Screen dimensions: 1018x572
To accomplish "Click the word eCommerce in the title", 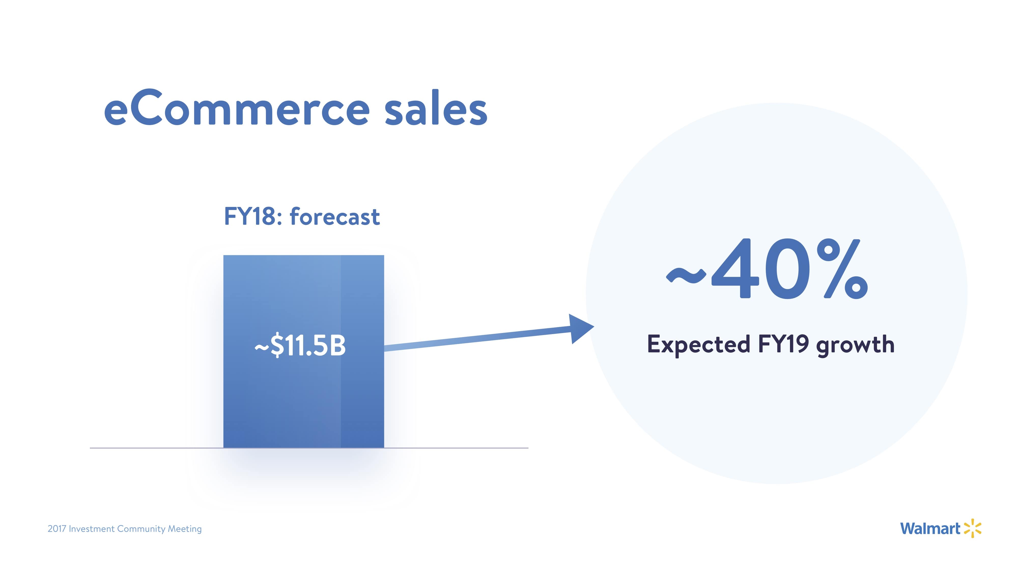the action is [237, 108].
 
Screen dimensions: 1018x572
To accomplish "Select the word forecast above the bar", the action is [335, 216].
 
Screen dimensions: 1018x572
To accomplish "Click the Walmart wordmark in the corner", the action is [930, 528].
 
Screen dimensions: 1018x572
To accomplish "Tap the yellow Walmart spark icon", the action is [972, 528].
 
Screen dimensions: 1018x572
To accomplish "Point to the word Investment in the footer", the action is [91, 529].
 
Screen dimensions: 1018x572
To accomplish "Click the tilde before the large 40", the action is [686, 275].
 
